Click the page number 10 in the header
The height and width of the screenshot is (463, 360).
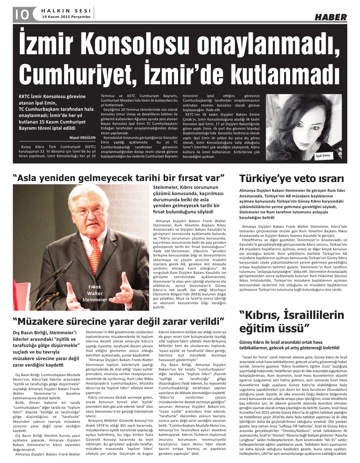tap(22, 14)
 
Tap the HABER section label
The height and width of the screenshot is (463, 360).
tap(331, 17)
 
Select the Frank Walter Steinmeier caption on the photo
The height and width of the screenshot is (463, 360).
tap(95, 293)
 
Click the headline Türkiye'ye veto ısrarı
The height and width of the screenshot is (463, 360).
tap(291, 179)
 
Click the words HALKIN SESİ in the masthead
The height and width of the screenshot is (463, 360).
tap(66, 10)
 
